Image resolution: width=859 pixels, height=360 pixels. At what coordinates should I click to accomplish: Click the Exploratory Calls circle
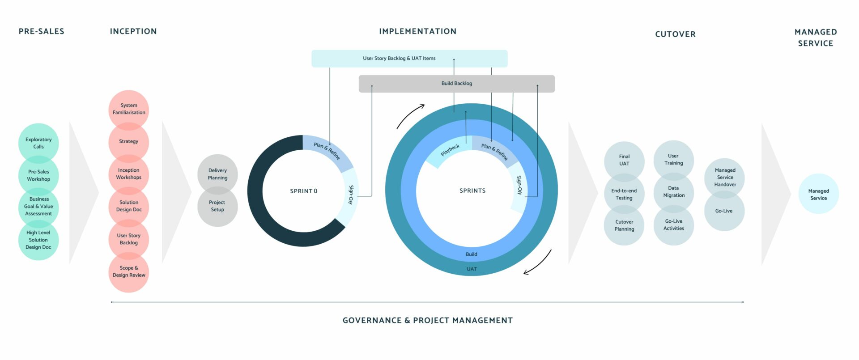tap(38, 143)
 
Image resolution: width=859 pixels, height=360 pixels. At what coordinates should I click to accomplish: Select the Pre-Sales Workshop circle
tap(38, 175)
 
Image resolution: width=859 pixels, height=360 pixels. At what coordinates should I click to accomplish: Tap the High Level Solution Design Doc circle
tap(38, 240)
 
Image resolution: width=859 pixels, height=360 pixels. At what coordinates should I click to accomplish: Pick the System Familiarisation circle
tap(129, 109)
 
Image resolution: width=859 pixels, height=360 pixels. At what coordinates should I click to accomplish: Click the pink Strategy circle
tap(129, 141)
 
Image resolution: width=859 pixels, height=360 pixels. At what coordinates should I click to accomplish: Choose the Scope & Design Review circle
tap(129, 272)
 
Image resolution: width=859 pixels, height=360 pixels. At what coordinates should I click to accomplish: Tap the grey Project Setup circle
tap(217, 206)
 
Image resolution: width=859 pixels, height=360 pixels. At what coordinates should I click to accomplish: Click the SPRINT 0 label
tap(303, 191)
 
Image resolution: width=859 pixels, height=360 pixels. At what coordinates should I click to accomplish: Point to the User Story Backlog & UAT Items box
tap(409, 59)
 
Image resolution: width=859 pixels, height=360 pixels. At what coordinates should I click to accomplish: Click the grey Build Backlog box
tap(456, 84)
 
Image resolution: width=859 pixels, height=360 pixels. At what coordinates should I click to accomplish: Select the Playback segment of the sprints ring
tap(450, 150)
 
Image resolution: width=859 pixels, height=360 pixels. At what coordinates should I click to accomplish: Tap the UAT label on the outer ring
tap(472, 269)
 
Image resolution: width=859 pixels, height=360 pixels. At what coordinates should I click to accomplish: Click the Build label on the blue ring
tap(472, 254)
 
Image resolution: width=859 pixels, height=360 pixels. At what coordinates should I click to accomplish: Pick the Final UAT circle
tap(624, 160)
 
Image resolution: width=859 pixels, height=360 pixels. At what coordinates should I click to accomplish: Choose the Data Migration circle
tap(674, 192)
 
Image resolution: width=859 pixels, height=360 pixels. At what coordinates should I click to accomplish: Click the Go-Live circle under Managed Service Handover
tap(724, 211)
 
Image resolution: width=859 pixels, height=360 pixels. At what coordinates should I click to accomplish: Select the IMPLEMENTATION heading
tap(417, 31)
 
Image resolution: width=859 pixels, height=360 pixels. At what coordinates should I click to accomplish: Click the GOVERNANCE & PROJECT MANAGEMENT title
tap(427, 321)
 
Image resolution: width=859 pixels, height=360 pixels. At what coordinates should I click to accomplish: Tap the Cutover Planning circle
tap(624, 225)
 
